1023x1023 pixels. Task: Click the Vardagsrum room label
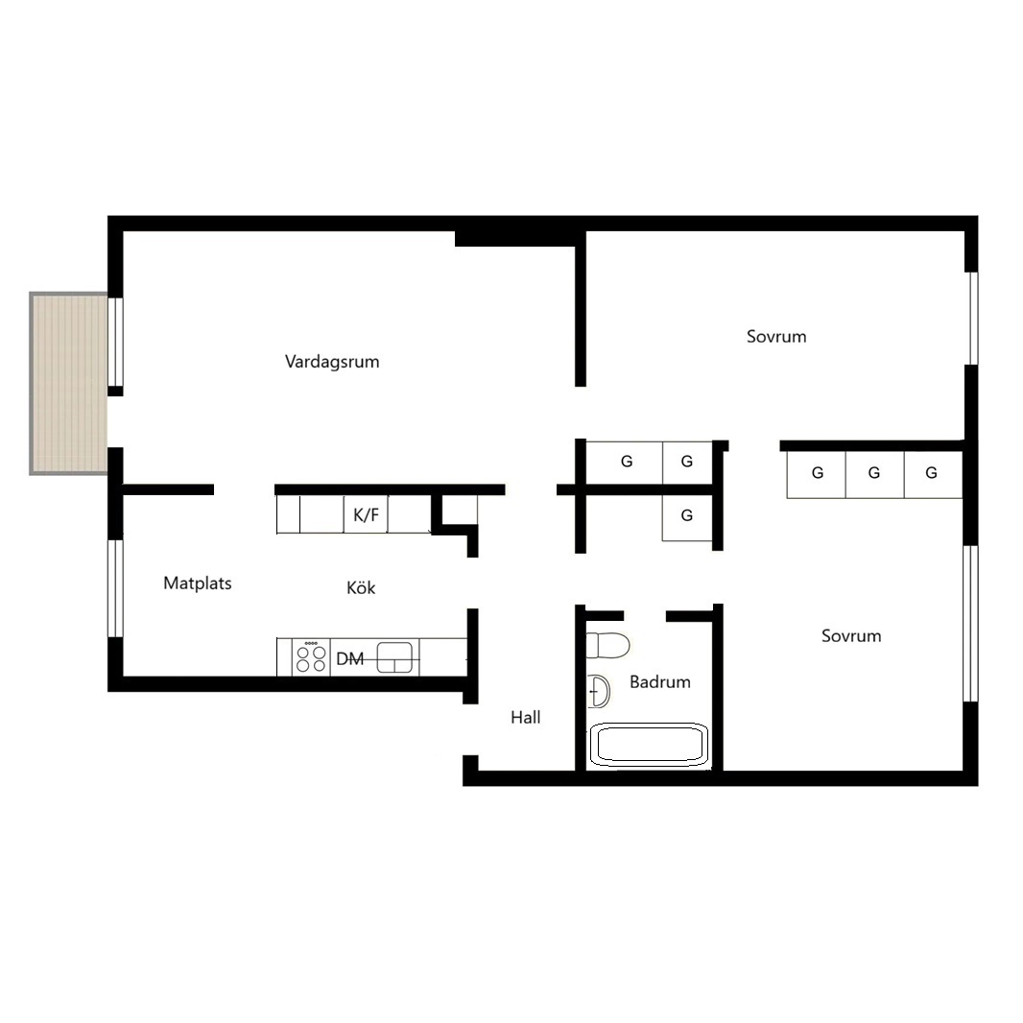tap(332, 362)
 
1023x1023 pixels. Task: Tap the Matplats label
tap(198, 583)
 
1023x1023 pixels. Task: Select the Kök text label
tap(361, 587)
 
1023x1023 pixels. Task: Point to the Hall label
tap(525, 717)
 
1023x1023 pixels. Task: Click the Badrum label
tap(659, 681)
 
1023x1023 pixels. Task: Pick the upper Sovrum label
tap(776, 337)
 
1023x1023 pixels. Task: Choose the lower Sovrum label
tap(851, 635)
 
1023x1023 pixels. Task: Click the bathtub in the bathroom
tap(649, 744)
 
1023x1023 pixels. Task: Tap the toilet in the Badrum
tap(607, 645)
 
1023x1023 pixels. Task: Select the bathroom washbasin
tap(598, 691)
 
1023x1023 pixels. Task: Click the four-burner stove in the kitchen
tap(311, 657)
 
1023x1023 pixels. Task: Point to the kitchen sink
tap(394, 657)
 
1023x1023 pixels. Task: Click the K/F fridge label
tap(366, 515)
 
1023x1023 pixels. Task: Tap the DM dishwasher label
tap(349, 659)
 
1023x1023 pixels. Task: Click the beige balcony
tap(68, 384)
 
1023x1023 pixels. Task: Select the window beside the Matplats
tap(115, 588)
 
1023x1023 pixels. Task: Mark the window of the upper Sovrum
tap(972, 318)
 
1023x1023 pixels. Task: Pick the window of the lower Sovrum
tap(971, 623)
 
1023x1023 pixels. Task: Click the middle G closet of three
tap(874, 474)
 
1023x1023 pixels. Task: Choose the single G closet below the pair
tap(687, 516)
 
